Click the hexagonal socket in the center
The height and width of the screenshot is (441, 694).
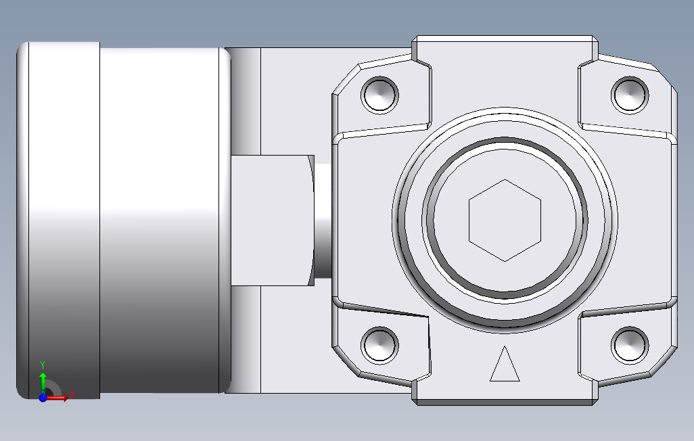[x=505, y=220]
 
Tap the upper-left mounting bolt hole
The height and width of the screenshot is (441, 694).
[x=379, y=95]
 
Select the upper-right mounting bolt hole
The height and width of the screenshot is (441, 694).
[x=630, y=95]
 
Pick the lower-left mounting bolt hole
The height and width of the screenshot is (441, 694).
[x=379, y=345]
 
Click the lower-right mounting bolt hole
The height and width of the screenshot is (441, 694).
[x=630, y=345]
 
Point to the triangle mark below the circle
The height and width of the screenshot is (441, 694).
[x=505, y=366]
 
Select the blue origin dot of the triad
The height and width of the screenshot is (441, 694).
[x=43, y=398]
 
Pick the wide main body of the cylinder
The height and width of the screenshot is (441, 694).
[x=162, y=220]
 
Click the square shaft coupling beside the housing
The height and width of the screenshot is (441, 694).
[x=271, y=220]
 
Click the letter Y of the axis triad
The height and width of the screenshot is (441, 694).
[x=43, y=364]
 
